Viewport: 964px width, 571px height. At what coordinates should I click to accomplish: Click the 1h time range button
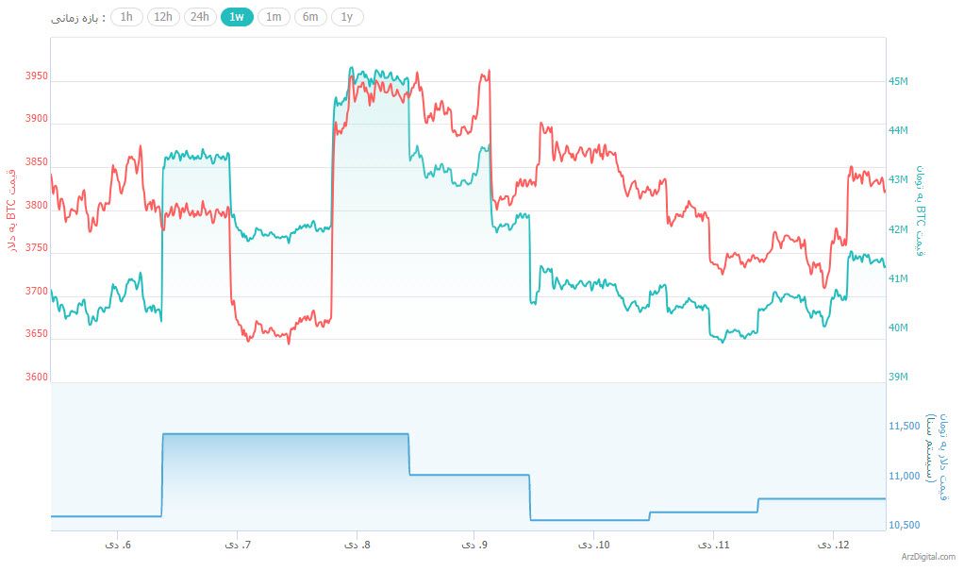(126, 17)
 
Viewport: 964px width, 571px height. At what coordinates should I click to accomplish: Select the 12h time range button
(163, 17)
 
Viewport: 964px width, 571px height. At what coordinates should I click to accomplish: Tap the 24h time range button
(200, 17)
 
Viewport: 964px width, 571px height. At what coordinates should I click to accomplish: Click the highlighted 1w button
(237, 17)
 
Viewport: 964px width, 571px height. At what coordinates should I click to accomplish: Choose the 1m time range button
(273, 17)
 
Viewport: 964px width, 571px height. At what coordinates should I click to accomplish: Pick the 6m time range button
(310, 17)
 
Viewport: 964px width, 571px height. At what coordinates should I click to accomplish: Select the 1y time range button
(347, 17)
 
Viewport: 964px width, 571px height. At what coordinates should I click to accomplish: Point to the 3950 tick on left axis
(37, 76)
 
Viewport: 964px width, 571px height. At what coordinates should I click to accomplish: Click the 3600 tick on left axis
(37, 378)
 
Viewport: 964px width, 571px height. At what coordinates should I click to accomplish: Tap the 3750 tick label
(37, 248)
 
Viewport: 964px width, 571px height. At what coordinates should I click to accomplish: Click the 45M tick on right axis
(898, 81)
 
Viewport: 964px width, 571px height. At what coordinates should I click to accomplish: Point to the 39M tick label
(898, 378)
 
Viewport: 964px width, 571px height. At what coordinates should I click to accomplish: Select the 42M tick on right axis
(898, 229)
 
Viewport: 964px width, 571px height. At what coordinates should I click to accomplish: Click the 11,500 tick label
(905, 427)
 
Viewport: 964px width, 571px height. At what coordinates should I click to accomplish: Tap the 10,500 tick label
(905, 525)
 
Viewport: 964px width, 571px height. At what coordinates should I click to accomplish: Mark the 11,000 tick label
(905, 476)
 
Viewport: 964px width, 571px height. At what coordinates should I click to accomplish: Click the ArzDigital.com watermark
(928, 558)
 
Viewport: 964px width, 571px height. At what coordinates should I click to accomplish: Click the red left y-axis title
(12, 209)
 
